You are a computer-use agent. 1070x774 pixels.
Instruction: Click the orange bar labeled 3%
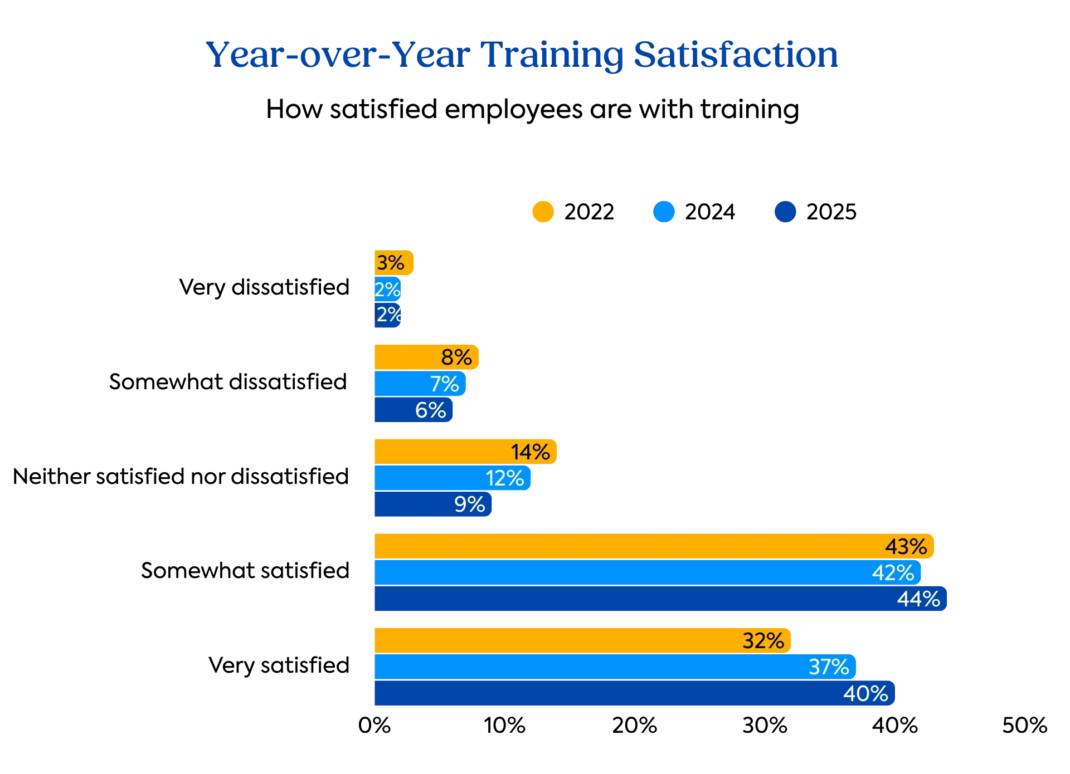pyautogui.click(x=393, y=263)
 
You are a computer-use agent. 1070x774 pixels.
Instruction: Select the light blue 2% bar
pyautogui.click(x=387, y=290)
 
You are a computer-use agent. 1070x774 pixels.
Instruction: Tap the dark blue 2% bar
pyautogui.click(x=387, y=315)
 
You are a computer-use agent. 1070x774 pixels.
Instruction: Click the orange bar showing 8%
pyautogui.click(x=427, y=357)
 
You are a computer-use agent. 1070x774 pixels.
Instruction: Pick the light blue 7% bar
pyautogui.click(x=420, y=384)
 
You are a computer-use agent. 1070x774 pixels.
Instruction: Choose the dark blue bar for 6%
pyautogui.click(x=414, y=410)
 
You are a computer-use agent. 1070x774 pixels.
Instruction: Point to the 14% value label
pyautogui.click(x=530, y=452)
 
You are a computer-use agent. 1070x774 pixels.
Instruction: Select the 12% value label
pyautogui.click(x=504, y=478)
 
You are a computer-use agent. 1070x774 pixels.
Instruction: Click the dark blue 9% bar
pyautogui.click(x=434, y=504)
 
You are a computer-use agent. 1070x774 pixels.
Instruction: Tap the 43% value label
pyautogui.click(x=906, y=546)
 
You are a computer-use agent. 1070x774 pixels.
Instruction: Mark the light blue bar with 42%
pyautogui.click(x=646, y=573)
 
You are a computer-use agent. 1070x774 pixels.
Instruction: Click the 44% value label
pyautogui.click(x=918, y=599)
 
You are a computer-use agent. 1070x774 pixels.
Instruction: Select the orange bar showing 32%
pyautogui.click(x=582, y=640)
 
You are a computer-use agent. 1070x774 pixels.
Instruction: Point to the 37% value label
pyautogui.click(x=828, y=667)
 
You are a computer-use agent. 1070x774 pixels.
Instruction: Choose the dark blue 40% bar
pyautogui.click(x=634, y=694)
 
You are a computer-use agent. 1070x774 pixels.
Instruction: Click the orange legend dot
pyautogui.click(x=543, y=212)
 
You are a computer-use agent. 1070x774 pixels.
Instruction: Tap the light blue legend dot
pyautogui.click(x=664, y=212)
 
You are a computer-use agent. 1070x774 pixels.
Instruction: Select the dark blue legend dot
pyautogui.click(x=785, y=212)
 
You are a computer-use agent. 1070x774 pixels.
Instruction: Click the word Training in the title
pyautogui.click(x=552, y=56)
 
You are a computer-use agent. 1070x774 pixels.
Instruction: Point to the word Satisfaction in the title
pyautogui.click(x=735, y=56)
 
